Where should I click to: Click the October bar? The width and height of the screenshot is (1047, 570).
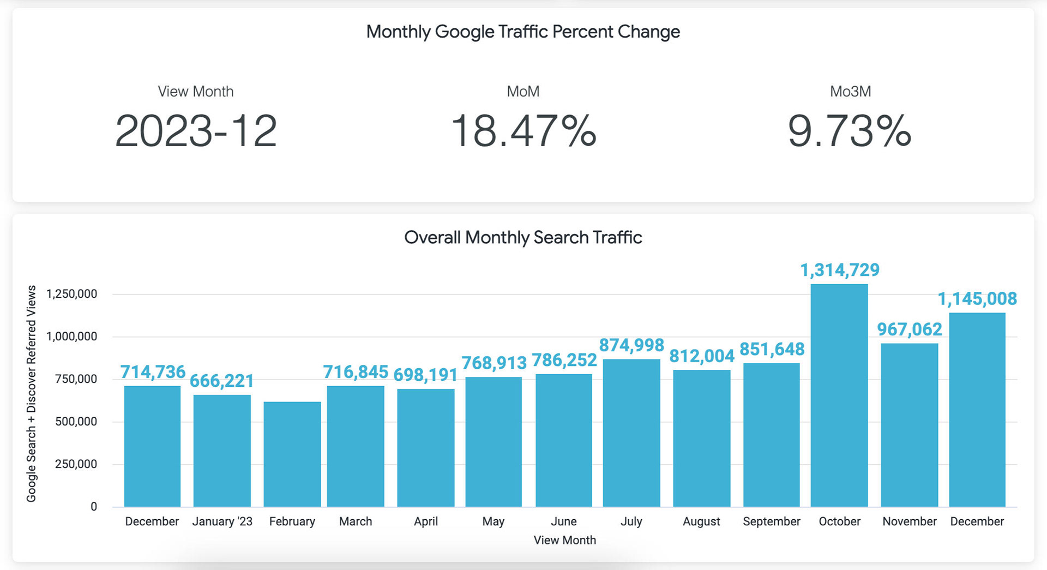coord(839,395)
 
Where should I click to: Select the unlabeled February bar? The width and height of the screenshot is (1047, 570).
coord(292,454)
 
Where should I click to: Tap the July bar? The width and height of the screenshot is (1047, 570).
coord(631,433)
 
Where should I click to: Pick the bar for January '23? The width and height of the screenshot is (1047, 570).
coord(222,451)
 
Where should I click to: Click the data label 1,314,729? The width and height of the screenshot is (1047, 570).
coord(839,270)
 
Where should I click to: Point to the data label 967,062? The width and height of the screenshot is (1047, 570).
coord(909,329)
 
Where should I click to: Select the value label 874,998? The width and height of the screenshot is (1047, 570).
coord(631,345)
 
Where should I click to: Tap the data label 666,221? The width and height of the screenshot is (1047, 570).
coord(221,381)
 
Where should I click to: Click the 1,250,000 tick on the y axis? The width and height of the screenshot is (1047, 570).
coord(71,294)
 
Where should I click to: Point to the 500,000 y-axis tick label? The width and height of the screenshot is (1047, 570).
coord(76,422)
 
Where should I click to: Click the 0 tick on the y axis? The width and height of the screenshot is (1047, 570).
coord(94,507)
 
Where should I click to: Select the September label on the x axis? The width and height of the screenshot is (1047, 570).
coord(771,521)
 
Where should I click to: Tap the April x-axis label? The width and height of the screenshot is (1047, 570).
coord(425,521)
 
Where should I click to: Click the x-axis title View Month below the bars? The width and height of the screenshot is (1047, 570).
coord(564,540)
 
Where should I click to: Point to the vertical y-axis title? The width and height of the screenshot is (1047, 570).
coord(32,393)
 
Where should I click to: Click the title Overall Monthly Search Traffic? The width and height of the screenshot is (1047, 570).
coord(523,238)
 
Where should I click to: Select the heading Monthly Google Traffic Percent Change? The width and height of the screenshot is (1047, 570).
coord(523,32)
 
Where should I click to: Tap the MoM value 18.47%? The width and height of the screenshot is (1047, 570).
coord(523,131)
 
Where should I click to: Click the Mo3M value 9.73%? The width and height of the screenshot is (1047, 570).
coord(850,131)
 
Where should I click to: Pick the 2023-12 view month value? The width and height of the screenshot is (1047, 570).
coord(196,131)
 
